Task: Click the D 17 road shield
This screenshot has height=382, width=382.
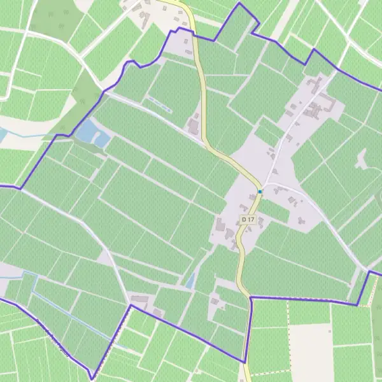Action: (x=248, y=220)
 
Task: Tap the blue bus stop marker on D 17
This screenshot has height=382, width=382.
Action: (x=260, y=191)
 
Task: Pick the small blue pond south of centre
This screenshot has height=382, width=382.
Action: (x=190, y=279)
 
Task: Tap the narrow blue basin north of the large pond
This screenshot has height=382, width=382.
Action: (x=159, y=105)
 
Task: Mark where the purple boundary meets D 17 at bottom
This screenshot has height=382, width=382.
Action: (x=246, y=362)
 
